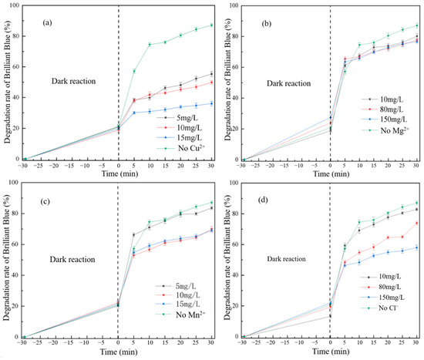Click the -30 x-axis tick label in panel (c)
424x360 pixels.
pyautogui.click(x=23, y=344)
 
